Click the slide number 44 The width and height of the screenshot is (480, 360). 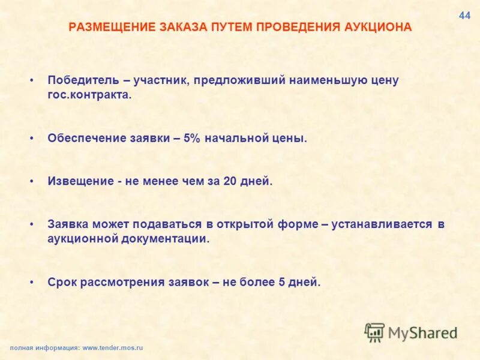464,16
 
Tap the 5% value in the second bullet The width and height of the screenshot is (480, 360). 191,138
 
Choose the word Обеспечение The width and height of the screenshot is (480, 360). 86,138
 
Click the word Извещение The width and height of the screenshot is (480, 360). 81,181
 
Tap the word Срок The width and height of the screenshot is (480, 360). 62,281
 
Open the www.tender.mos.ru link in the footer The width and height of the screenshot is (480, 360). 113,347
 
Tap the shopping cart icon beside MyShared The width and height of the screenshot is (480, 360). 374,332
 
